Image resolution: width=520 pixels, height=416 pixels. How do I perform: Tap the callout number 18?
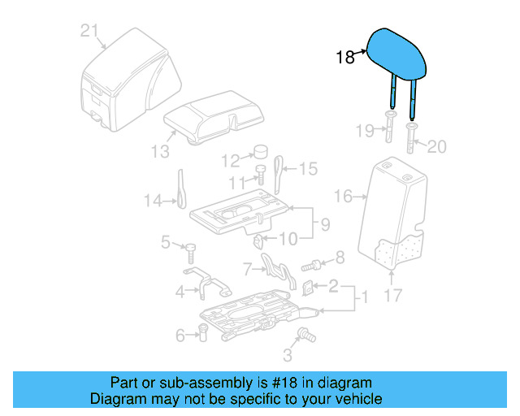[345, 58]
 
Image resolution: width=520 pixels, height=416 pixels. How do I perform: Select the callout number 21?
[89, 32]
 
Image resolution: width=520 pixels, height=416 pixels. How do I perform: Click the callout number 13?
[160, 152]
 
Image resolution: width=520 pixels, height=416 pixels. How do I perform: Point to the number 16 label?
[343, 196]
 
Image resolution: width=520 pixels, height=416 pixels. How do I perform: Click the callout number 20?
[437, 147]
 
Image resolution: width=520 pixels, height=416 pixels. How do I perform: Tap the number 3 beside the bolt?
[287, 355]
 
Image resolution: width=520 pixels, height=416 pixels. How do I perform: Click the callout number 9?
[323, 223]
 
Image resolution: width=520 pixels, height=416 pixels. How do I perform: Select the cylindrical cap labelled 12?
[262, 151]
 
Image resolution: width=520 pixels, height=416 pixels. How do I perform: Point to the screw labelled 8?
[311, 265]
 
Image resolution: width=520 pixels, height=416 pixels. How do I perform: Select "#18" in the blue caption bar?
[272, 382]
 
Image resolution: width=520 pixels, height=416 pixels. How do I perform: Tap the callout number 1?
[362, 298]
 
